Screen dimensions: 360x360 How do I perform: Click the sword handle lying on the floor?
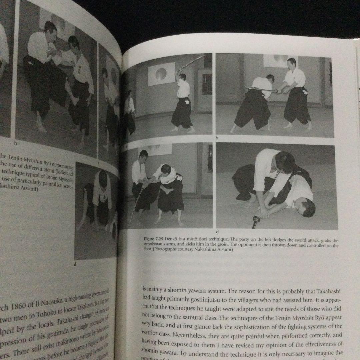pos(256,221)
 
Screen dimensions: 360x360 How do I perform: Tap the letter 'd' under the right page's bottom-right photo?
pos(217,231)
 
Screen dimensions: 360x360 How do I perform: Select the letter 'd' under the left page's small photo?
pos(75,264)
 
